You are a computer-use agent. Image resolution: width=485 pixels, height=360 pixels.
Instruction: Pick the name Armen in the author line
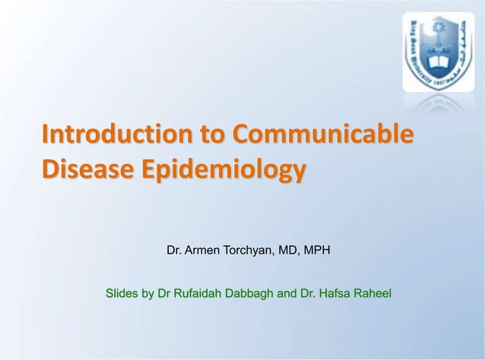pos(202,248)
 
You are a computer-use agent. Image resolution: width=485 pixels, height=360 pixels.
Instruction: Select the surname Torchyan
pos(252,248)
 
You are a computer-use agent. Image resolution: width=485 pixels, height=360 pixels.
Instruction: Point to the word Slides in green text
pos(121,292)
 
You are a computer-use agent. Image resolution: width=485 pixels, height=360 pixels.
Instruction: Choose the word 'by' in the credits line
pos(148,292)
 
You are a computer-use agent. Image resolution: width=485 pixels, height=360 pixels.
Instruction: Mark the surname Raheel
pos(374,292)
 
